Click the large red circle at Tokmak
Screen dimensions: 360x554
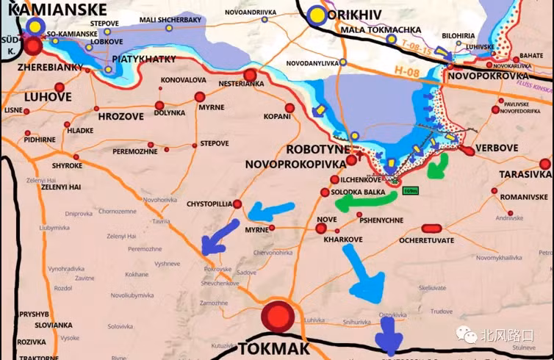[x=278, y=317]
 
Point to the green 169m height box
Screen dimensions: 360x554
[x=411, y=191]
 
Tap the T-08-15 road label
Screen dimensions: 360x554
[x=416, y=45]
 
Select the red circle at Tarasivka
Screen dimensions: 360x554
[x=544, y=163]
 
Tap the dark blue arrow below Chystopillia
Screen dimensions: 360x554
[x=220, y=237]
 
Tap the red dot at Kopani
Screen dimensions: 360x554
[x=289, y=108]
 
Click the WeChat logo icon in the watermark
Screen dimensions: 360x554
[x=467, y=335]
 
